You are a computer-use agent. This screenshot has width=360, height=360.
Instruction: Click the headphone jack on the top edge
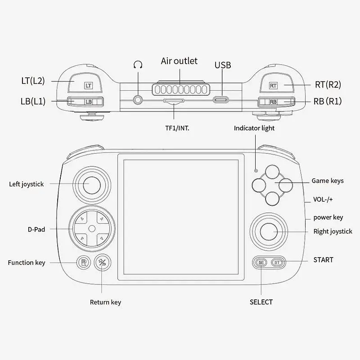(x=138, y=100)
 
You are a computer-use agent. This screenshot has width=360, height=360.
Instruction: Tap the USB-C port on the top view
(x=220, y=100)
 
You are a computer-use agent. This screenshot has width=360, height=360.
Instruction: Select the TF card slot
(x=174, y=101)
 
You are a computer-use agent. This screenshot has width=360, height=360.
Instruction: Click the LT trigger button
(x=85, y=83)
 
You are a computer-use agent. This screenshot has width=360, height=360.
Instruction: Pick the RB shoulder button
(x=276, y=102)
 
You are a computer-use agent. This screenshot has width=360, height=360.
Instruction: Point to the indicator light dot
(x=256, y=171)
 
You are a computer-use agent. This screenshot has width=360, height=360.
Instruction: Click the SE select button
(x=261, y=262)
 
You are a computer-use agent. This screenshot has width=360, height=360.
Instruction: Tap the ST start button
(x=277, y=262)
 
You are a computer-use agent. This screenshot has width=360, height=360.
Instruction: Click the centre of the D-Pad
(x=92, y=229)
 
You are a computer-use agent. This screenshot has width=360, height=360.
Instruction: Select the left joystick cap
(x=92, y=185)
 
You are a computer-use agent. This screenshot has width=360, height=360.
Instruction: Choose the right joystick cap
(x=269, y=231)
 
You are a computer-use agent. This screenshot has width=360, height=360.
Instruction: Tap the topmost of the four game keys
(x=272, y=172)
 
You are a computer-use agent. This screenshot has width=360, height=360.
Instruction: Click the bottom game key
(x=272, y=199)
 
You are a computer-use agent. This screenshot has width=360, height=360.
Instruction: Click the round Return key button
(x=102, y=262)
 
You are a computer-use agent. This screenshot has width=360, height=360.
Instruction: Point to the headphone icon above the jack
(x=138, y=65)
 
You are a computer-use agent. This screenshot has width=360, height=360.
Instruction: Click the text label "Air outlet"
(x=179, y=61)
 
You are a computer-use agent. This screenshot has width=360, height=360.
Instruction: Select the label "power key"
(x=328, y=218)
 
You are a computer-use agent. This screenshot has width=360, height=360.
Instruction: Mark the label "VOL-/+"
(x=323, y=199)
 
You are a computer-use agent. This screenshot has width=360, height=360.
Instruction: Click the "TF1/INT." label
(x=177, y=128)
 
